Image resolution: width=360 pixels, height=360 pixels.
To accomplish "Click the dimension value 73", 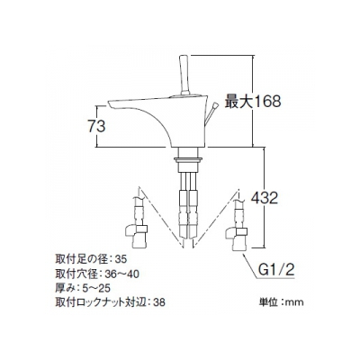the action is tap(96, 126).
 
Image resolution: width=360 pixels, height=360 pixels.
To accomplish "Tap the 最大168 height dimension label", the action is tap(253, 101).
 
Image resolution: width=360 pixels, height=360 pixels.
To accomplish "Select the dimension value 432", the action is tap(265, 198).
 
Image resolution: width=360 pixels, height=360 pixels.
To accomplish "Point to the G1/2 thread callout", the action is tap(275, 271).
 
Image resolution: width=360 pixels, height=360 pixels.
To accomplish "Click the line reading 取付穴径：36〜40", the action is tap(97, 274).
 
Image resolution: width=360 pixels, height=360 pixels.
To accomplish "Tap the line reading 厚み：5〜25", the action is tap(83, 288).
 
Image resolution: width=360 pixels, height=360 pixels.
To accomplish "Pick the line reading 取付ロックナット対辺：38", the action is tap(110, 302).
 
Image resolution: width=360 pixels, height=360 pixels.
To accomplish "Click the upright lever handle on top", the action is tap(184, 75).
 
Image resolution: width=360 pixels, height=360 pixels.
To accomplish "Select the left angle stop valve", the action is tap(136, 237).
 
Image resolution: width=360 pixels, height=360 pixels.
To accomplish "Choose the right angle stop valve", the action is tap(236, 238).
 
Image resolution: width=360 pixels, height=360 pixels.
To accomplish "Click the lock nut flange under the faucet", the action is tap(188, 159).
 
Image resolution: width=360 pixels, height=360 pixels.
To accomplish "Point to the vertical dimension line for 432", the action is tap(264, 198).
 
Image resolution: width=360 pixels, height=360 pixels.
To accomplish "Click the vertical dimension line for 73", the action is tap(97, 126).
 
